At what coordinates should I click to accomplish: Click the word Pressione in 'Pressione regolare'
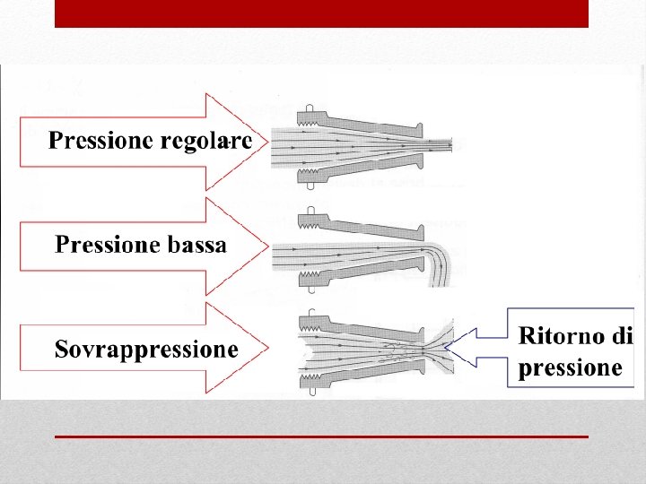click(x=91, y=142)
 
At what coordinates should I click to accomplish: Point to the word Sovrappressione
click(x=146, y=349)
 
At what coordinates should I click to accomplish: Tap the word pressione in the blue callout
click(x=570, y=367)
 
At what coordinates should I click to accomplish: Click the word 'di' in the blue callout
click(x=623, y=336)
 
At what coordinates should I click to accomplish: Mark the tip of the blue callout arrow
click(x=446, y=347)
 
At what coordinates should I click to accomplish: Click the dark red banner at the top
click(x=321, y=13)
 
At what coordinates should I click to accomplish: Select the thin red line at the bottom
click(x=321, y=436)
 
